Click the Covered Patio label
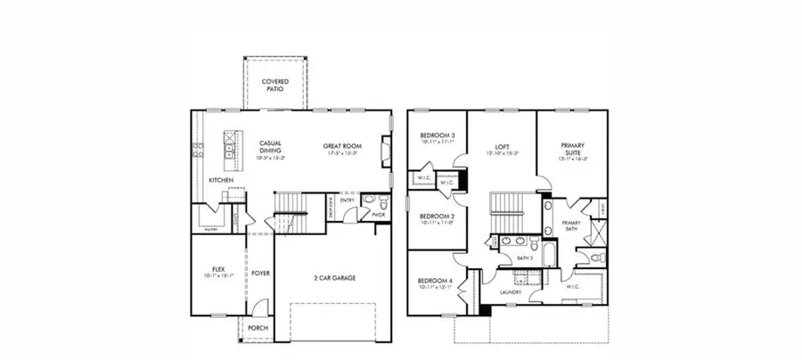tap(274, 86)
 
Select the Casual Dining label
tap(270, 147)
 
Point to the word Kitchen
tap(221, 180)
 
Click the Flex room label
tap(217, 268)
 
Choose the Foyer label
tap(260, 274)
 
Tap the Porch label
tap(258, 327)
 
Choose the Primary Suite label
tap(573, 148)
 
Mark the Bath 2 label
tap(526, 258)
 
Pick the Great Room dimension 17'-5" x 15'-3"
tap(341, 152)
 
